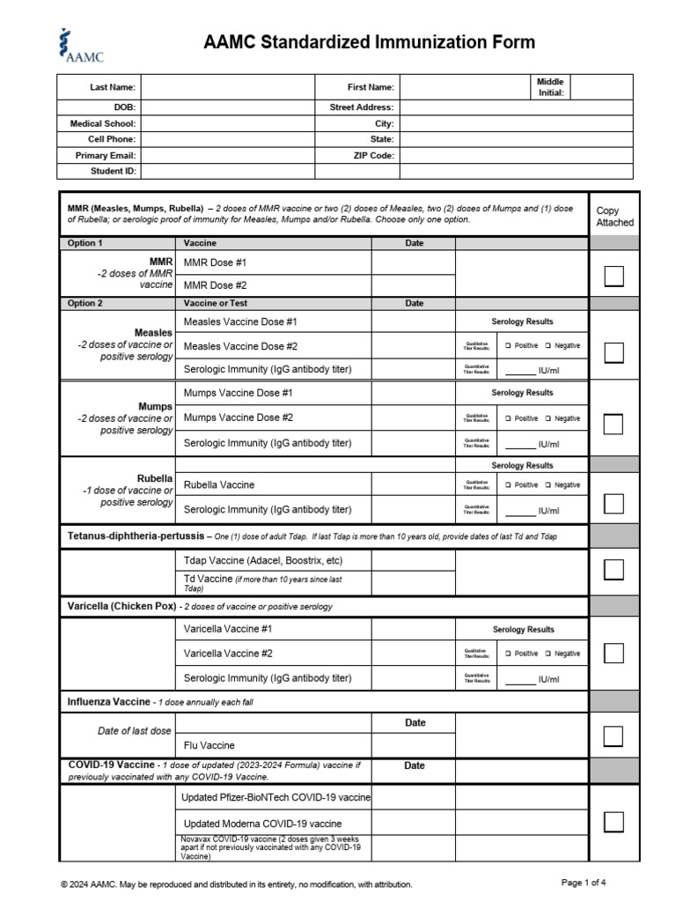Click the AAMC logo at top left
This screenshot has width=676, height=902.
pos(80,46)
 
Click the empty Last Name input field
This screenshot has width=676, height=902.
pos(227,87)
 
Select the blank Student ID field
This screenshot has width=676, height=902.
pos(227,171)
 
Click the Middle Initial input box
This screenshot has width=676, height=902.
pos(601,87)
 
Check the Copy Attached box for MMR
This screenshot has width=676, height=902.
pos(614,276)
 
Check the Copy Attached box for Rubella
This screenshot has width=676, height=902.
pos(614,503)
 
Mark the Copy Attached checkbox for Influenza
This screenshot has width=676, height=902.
pos(614,736)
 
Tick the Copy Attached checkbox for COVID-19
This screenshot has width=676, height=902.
pos(614,822)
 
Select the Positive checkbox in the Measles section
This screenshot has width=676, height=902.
pos(508,346)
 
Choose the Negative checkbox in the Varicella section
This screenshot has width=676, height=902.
pos(547,654)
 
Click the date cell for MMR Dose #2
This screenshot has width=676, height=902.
pos(413,285)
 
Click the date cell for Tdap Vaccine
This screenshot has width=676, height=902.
pos(413,561)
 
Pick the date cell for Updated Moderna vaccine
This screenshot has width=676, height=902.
pos(413,823)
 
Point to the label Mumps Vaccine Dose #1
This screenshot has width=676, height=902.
pos(239,393)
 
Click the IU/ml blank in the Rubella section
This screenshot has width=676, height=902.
pos(520,511)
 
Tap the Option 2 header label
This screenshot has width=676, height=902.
pos(85,303)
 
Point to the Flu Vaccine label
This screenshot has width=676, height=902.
pos(209,745)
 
